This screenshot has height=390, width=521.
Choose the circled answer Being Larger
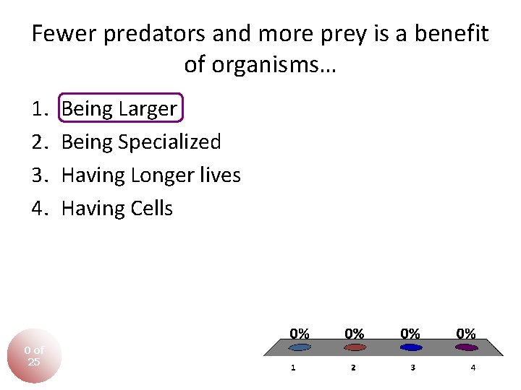pyautogui.click(x=119, y=109)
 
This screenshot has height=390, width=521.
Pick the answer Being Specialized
pyautogui.click(x=141, y=142)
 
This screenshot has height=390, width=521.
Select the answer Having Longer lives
pyautogui.click(x=151, y=175)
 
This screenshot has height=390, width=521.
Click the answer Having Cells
pyautogui.click(x=117, y=209)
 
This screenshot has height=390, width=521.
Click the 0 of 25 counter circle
pyautogui.click(x=34, y=356)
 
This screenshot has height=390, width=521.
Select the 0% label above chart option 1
pyautogui.click(x=300, y=334)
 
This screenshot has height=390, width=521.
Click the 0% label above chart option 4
pyautogui.click(x=466, y=334)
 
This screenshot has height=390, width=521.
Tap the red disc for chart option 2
pyautogui.click(x=355, y=347)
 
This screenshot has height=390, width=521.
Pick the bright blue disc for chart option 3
pyautogui.click(x=411, y=347)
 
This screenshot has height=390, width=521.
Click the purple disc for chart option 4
pyautogui.click(x=467, y=347)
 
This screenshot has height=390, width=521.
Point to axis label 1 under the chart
pyautogui.click(x=293, y=368)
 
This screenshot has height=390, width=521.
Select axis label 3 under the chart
pyautogui.click(x=412, y=368)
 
